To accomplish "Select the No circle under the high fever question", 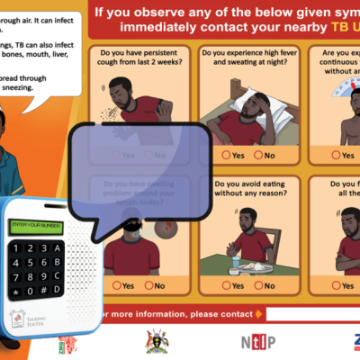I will pyautogui.click(x=259, y=156).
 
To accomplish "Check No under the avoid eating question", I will pyautogui.click(x=259, y=285).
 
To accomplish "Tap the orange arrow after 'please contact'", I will pyautogui.click(x=259, y=314).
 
